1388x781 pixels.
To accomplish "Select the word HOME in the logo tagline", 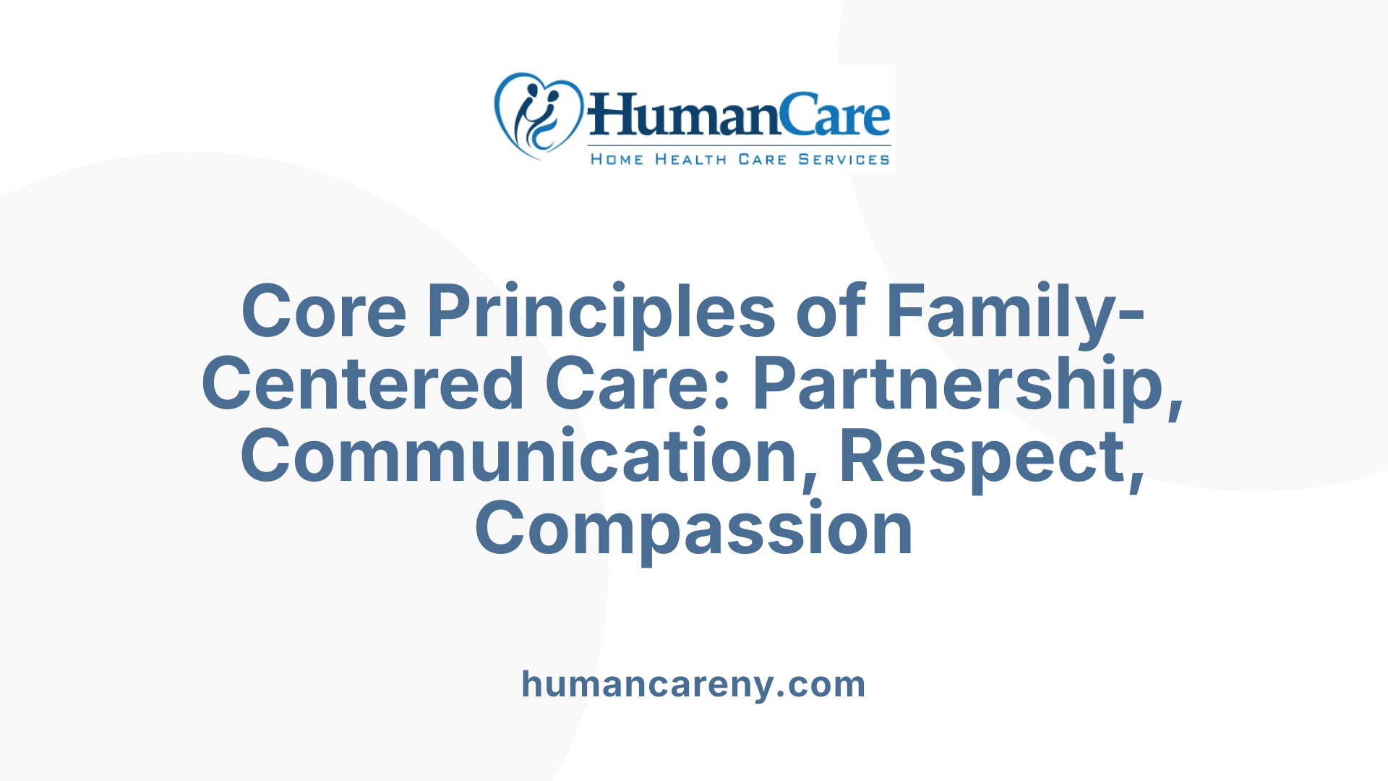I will (617, 159).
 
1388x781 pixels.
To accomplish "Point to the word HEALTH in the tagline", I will (690, 159).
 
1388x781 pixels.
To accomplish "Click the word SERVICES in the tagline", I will (844, 159).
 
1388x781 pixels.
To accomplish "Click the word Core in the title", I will (324, 312).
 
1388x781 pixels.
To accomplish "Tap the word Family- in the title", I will (1005, 312).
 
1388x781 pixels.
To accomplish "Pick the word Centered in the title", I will (363, 384).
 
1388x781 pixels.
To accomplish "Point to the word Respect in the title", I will (983, 456).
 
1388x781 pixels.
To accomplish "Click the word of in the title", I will (831, 312).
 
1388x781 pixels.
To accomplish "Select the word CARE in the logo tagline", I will (762, 159).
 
